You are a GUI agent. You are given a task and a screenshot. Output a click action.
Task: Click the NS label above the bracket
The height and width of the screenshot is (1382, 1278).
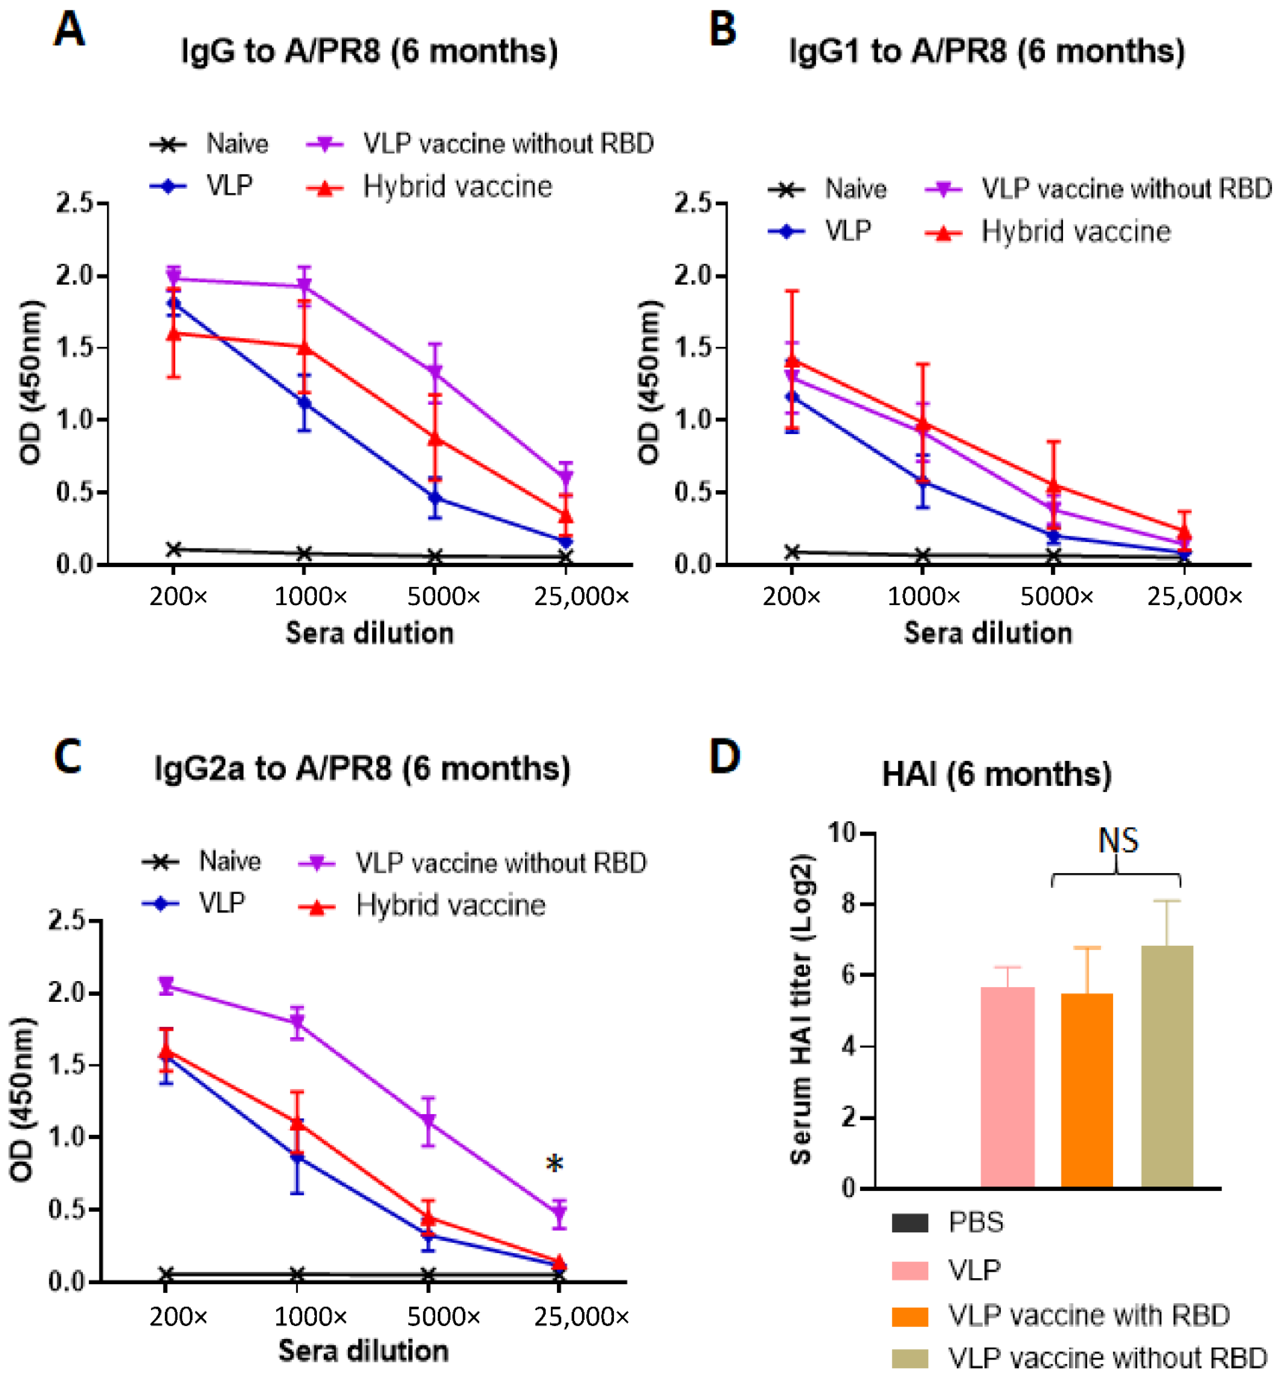point(1117,840)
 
